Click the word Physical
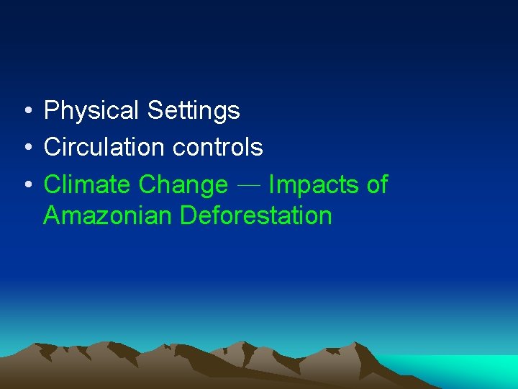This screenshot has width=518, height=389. tap(91, 111)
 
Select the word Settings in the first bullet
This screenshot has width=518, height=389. tap(193, 111)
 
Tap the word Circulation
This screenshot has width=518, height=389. tap(105, 148)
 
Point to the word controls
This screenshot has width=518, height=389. tap(218, 148)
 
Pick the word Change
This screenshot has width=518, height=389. tap(183, 185)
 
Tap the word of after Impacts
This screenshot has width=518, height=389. tap(377, 185)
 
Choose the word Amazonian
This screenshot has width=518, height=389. tap(108, 215)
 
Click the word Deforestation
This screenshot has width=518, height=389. tap(256, 215)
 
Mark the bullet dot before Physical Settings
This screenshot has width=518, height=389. tap(26, 112)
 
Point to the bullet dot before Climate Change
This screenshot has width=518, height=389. tap(26, 186)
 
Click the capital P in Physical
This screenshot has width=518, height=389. tap(51, 111)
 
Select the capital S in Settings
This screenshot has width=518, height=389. tap(154, 111)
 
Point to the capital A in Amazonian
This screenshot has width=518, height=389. tap(51, 215)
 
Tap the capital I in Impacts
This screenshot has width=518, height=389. tap(271, 185)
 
